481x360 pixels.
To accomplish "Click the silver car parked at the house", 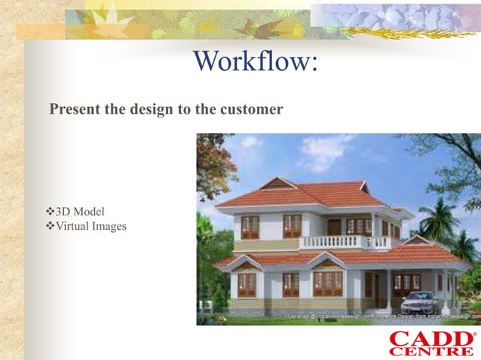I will (419, 302).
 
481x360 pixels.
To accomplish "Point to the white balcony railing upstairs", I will (344, 243).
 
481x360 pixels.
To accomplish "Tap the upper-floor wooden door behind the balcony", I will (334, 226).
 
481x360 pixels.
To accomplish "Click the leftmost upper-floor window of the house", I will (250, 227).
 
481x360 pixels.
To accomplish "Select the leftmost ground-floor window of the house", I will (247, 285).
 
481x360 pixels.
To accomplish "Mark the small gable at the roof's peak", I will (277, 184).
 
